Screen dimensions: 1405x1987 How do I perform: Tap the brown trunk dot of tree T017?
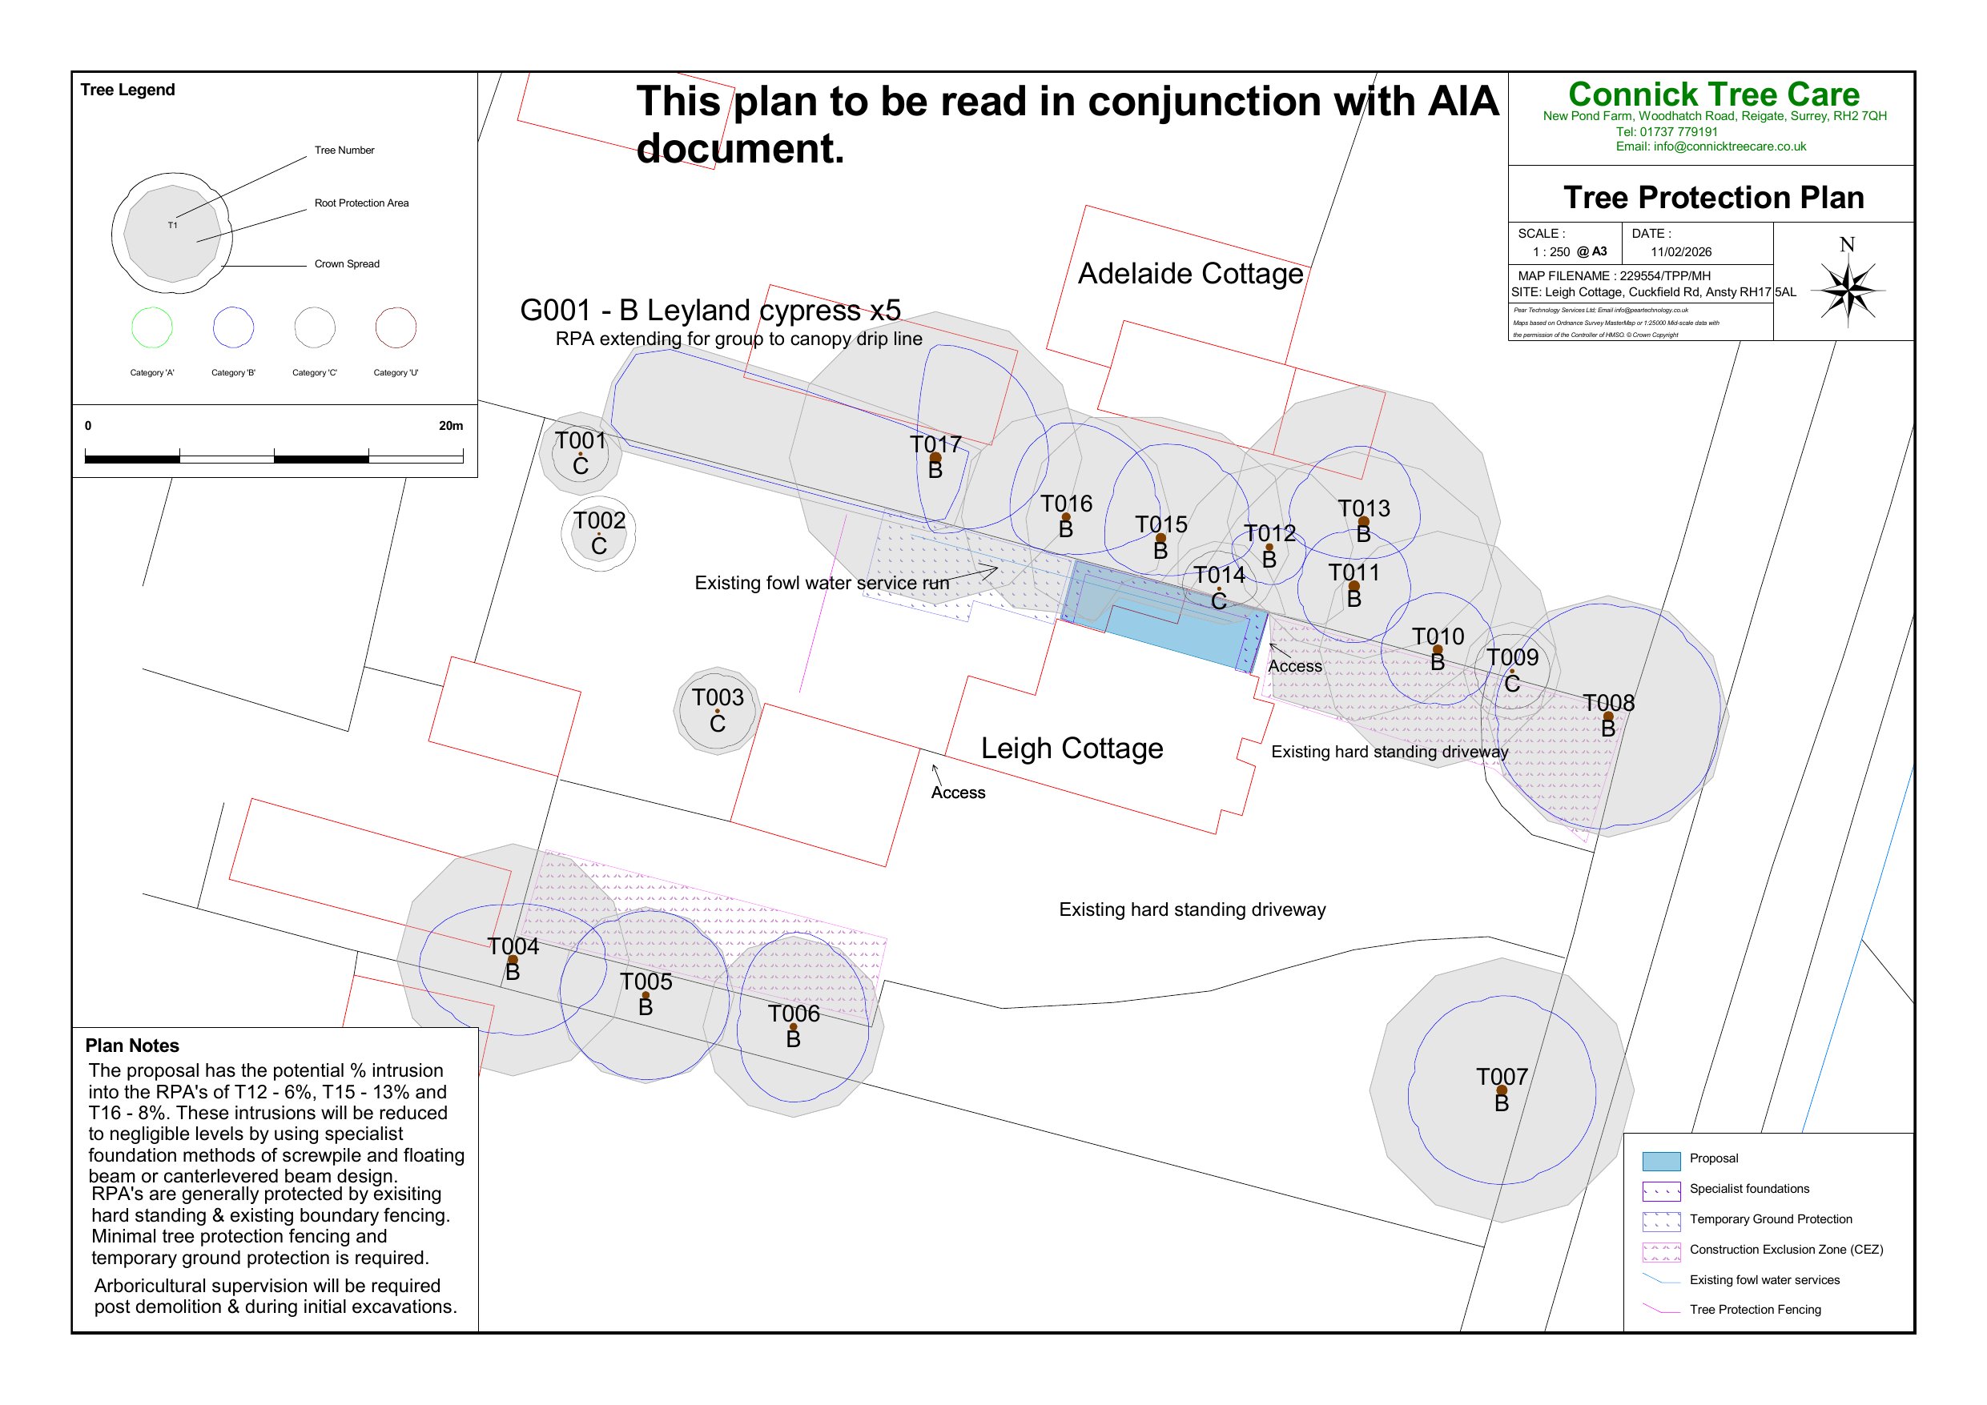tap(935, 458)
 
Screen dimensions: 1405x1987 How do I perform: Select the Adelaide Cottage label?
tap(1190, 273)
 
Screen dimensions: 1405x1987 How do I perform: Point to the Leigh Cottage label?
tap(1072, 749)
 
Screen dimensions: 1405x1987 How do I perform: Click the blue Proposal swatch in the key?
tap(1661, 1160)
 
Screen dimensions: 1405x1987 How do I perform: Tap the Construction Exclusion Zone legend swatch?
tap(1661, 1251)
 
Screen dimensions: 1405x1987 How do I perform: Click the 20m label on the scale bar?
tap(450, 426)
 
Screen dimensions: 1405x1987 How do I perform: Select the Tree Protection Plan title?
tap(1714, 197)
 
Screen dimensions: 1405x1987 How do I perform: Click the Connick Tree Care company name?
tap(1714, 94)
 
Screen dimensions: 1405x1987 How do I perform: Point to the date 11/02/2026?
tap(1680, 251)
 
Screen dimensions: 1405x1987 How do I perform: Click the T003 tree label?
tap(718, 697)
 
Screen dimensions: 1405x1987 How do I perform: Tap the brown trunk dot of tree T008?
tap(1608, 717)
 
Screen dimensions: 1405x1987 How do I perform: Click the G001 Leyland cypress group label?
tap(710, 310)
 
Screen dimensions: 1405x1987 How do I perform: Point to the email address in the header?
tap(1711, 147)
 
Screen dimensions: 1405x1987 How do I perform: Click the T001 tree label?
tap(580, 440)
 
